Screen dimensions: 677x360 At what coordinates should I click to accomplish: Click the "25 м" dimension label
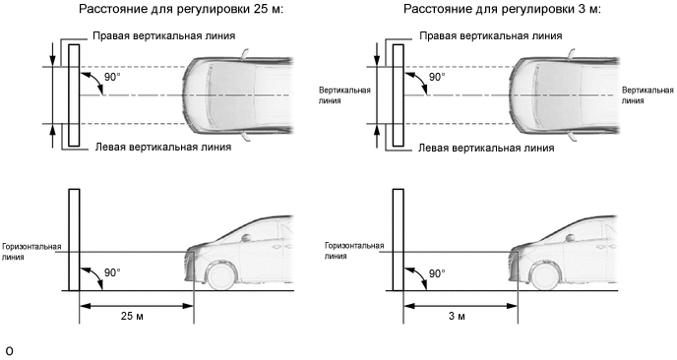(132, 316)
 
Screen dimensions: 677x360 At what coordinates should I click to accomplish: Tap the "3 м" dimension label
(457, 316)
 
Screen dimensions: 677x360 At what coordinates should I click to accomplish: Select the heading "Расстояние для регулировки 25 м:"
(181, 9)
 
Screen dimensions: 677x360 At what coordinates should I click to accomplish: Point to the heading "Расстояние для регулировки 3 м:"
(502, 9)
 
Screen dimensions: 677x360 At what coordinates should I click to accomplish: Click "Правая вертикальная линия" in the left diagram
(164, 35)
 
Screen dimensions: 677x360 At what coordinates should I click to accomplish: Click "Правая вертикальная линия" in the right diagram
(491, 35)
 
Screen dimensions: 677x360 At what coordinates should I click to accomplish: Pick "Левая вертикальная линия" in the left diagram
(163, 148)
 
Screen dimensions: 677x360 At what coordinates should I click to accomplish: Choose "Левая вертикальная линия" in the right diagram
(486, 149)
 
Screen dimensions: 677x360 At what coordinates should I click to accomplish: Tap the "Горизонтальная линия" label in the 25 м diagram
(31, 252)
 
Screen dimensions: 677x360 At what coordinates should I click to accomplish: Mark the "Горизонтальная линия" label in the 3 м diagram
(354, 251)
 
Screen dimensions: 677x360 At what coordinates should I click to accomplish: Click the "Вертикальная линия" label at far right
(647, 95)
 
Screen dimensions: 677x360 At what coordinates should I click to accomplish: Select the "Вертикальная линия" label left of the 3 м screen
(344, 95)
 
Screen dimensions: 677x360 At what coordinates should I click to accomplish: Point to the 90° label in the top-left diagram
(113, 78)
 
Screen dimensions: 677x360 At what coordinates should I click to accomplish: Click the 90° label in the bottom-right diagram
(437, 273)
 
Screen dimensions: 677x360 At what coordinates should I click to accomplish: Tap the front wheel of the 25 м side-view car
(222, 276)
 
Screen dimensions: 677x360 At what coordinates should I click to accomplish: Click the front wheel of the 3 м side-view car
(546, 276)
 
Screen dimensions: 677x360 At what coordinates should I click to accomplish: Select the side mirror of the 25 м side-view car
(246, 237)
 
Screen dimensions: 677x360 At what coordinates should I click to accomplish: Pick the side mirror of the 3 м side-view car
(570, 237)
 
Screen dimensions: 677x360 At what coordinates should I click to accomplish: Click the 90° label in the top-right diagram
(437, 78)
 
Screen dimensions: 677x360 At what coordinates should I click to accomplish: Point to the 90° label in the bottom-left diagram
(113, 273)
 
